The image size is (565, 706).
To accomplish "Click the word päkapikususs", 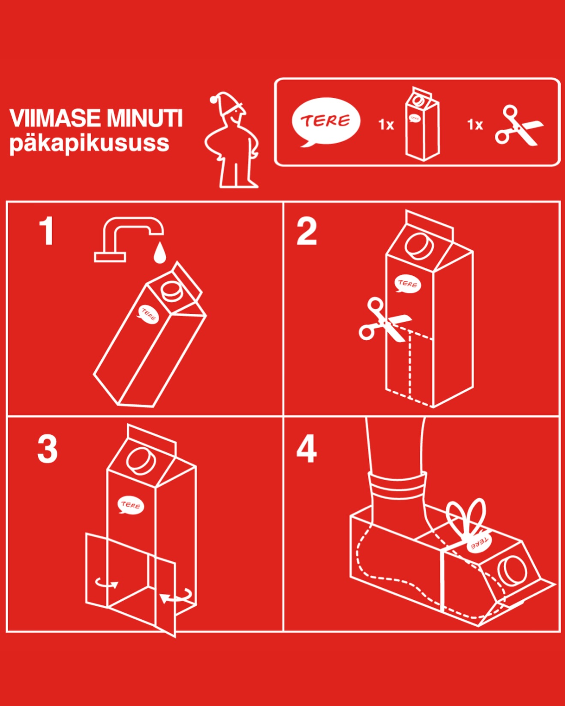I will (x=89, y=144).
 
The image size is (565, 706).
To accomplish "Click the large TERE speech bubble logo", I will (x=326, y=121).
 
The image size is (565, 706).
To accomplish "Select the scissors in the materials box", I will (x=518, y=126).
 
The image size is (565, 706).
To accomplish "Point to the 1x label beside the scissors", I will (x=475, y=125).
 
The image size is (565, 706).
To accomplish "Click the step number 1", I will (x=46, y=231).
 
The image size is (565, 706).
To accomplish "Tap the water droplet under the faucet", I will (x=159, y=253).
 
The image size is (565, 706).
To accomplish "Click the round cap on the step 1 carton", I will (x=172, y=291).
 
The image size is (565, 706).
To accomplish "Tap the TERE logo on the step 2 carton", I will (x=407, y=284).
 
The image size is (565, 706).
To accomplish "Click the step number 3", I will (x=47, y=449).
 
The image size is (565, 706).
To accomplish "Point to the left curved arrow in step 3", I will (x=106, y=583).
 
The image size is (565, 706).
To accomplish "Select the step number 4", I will (x=307, y=449).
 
